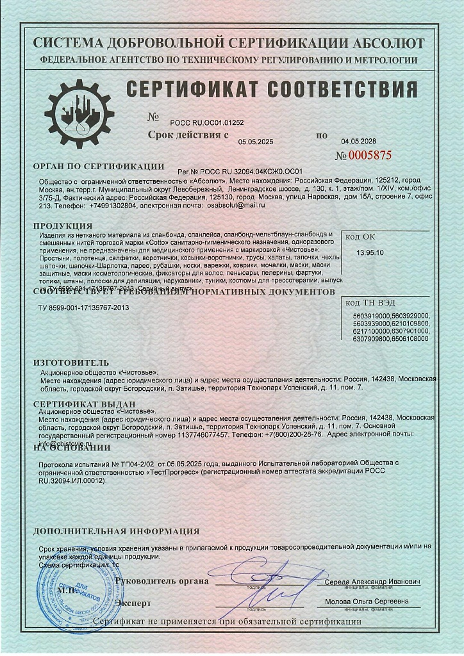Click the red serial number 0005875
point(363,156)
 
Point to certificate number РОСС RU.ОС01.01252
point(207,121)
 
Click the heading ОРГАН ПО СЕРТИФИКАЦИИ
point(95,166)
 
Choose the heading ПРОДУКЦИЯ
point(63,226)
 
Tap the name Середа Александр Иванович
point(372,582)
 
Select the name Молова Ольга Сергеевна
point(367,602)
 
